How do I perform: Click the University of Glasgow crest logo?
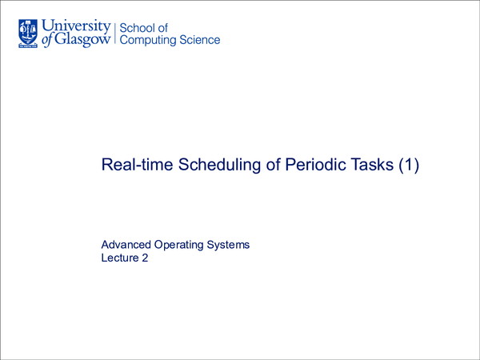click(26, 31)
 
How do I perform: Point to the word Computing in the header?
click(150, 41)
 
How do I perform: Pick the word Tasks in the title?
click(370, 166)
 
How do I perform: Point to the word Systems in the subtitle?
click(230, 244)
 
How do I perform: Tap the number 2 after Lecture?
click(146, 258)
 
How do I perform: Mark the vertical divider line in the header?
click(115, 33)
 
